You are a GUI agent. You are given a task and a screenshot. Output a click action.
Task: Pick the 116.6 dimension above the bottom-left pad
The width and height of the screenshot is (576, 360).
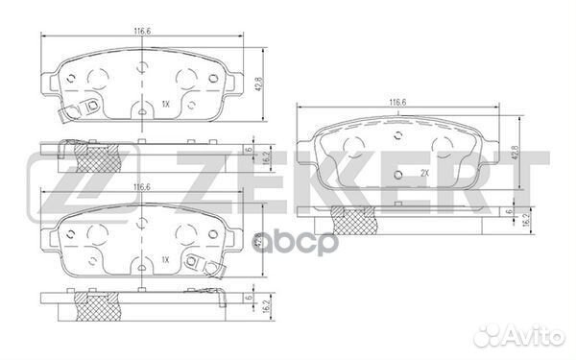click(139, 188)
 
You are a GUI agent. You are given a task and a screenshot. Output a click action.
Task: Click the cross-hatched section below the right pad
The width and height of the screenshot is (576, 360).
click(349, 218)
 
